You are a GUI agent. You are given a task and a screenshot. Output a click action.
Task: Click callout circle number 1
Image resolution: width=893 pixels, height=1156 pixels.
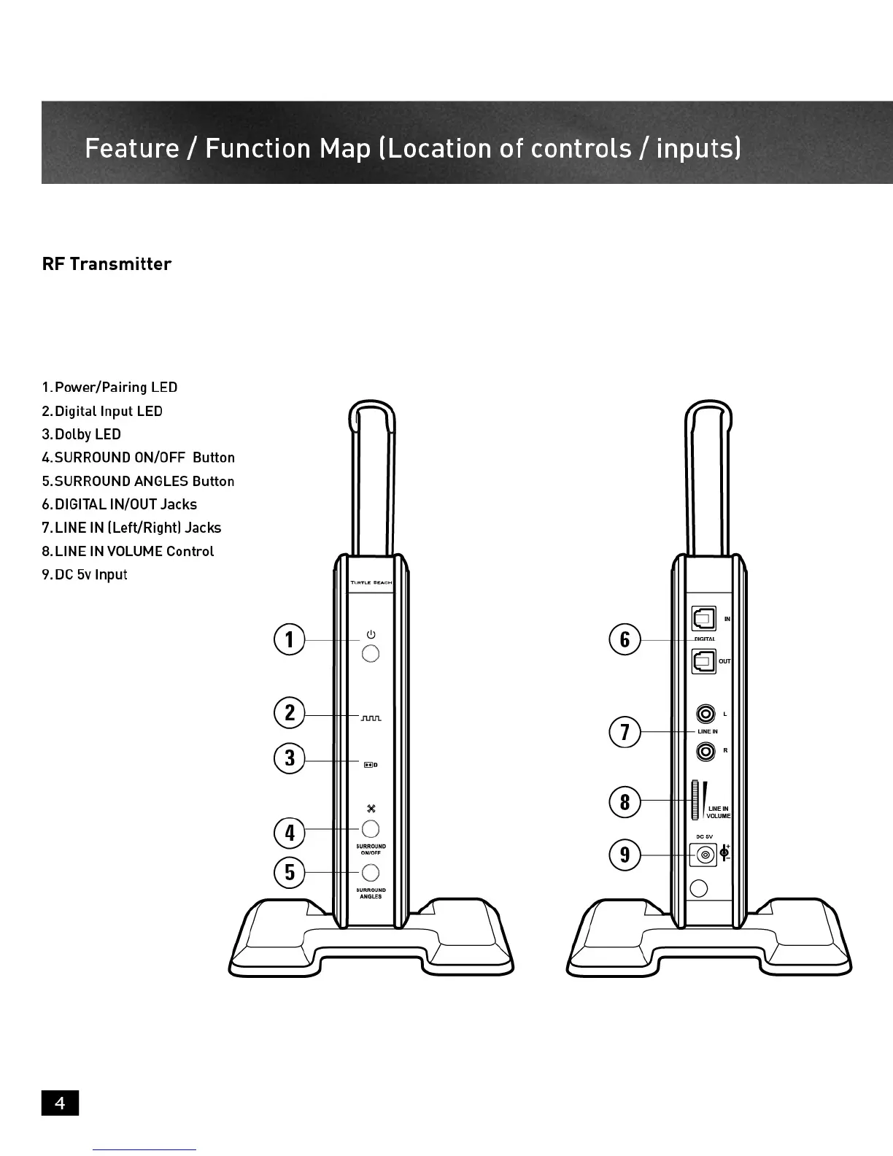click(290, 639)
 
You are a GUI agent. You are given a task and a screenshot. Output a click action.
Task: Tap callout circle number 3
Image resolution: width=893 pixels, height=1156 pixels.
click(290, 758)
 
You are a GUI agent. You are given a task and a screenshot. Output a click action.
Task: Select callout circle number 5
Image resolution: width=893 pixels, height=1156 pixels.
click(290, 872)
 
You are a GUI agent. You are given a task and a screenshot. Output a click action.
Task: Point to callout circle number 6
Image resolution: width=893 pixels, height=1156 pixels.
click(625, 639)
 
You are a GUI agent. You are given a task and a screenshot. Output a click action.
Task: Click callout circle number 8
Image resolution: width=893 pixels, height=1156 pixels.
click(625, 801)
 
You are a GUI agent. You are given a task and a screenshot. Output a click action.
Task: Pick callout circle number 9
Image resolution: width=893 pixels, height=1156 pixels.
click(625, 855)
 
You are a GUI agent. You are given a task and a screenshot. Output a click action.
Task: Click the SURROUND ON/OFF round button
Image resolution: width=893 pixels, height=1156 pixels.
click(371, 829)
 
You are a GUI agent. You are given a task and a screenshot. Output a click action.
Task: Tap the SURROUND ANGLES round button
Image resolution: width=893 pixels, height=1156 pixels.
click(371, 873)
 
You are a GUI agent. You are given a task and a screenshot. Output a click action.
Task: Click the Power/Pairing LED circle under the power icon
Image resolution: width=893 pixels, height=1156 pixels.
click(371, 653)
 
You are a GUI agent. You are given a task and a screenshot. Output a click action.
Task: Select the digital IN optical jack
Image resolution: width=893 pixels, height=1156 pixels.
click(703, 619)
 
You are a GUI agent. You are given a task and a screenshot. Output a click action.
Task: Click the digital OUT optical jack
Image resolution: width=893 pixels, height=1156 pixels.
click(703, 661)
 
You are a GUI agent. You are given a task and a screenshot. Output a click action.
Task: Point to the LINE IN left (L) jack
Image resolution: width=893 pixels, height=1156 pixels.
click(705, 713)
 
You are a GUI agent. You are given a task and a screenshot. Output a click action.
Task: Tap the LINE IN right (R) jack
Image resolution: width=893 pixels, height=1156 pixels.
click(705, 750)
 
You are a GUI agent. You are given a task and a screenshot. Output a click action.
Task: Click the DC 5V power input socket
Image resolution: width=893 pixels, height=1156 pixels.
click(705, 855)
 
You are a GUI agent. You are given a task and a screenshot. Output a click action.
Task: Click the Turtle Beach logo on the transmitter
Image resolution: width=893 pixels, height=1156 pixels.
click(371, 582)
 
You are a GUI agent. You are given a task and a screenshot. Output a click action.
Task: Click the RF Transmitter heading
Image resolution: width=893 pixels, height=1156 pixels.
click(107, 264)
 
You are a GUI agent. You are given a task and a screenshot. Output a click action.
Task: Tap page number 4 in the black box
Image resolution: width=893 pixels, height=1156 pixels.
click(60, 1103)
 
